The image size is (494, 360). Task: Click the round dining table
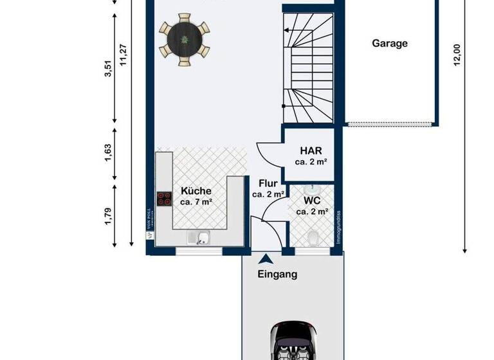[x=185, y=40]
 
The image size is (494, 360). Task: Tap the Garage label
[x=390, y=44]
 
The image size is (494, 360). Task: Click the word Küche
[x=196, y=191]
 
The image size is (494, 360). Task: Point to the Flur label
[x=268, y=183]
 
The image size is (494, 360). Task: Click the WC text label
[x=312, y=200]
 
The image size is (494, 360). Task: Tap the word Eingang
[x=278, y=274]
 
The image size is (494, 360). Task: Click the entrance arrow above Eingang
[x=264, y=260]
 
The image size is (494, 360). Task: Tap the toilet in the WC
[x=313, y=239]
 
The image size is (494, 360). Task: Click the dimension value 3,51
[x=107, y=69]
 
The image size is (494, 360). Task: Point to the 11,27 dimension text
[x=123, y=55]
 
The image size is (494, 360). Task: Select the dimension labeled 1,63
[x=107, y=152]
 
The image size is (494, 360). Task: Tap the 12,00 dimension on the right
[x=457, y=55]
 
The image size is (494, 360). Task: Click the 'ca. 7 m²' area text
[x=196, y=202]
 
